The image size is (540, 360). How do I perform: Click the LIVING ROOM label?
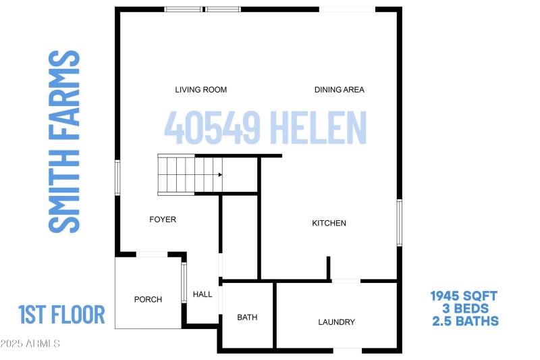(200, 90)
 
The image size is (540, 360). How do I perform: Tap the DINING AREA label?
(340, 90)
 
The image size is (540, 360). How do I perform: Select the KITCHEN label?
(329, 224)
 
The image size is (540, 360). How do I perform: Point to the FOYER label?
(163, 220)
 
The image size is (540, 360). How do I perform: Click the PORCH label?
(148, 299)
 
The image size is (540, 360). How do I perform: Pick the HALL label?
(202, 294)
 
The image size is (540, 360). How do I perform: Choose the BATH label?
(247, 317)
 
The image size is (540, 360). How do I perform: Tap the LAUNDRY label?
(336, 322)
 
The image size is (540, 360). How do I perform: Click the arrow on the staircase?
(219, 174)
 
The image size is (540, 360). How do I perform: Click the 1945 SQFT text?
(464, 296)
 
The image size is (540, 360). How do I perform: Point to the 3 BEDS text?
(464, 308)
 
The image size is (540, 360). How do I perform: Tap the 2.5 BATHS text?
(464, 321)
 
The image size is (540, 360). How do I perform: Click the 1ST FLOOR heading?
(61, 315)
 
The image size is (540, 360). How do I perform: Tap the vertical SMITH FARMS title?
(65, 142)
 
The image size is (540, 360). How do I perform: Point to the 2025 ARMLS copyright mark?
(30, 344)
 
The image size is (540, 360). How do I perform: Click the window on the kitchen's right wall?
(399, 223)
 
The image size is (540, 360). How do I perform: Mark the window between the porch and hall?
(184, 282)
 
